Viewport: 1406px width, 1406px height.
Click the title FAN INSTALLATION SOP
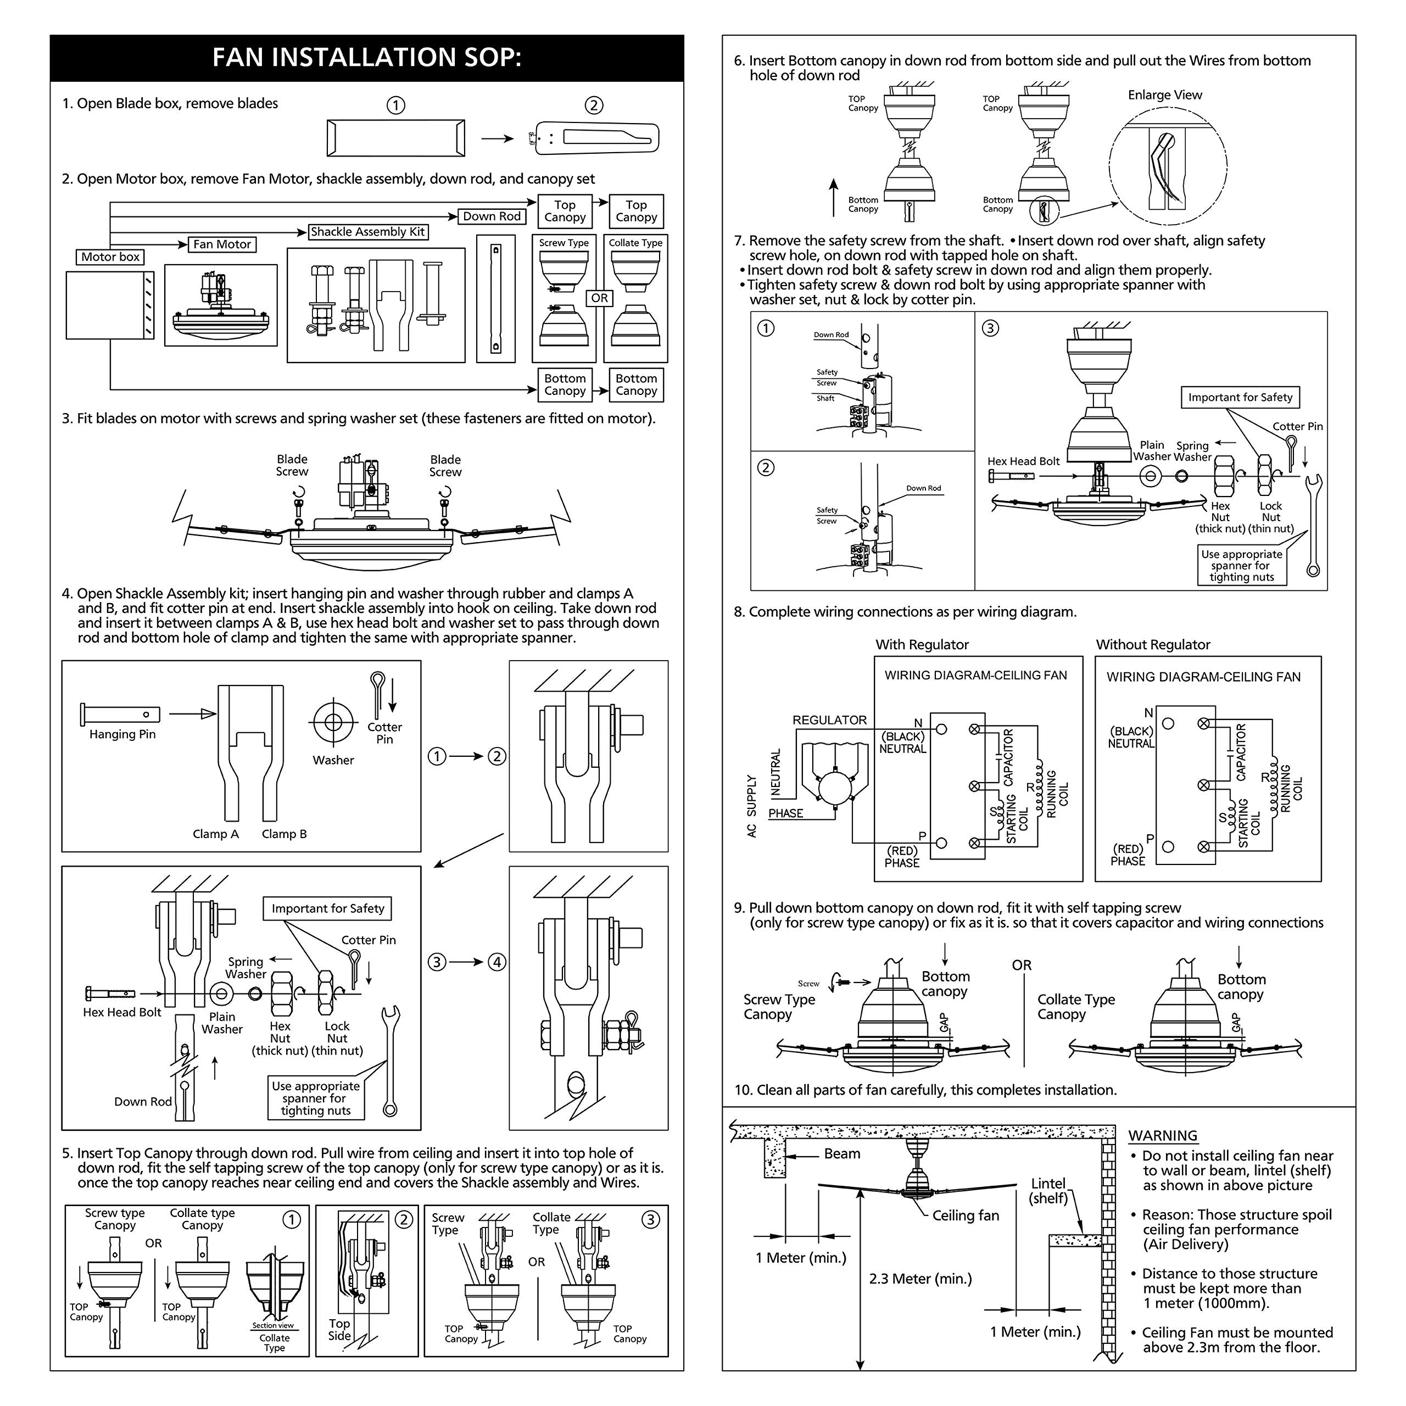[x=366, y=58]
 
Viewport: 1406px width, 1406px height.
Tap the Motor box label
[x=110, y=257]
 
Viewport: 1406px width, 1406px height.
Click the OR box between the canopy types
[x=599, y=298]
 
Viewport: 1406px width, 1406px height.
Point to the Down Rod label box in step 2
[x=492, y=216]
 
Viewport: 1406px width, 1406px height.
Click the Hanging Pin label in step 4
[x=122, y=734]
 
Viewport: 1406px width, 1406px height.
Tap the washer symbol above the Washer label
[x=333, y=722]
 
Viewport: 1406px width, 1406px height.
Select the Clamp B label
[x=284, y=834]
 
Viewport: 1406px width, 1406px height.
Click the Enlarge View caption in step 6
[x=1164, y=96]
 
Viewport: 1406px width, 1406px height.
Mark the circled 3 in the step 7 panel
[x=990, y=328]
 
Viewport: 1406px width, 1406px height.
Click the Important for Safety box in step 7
[x=1240, y=397]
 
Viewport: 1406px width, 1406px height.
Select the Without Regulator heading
[x=1153, y=645]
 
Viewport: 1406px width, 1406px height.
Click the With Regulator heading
[x=922, y=645]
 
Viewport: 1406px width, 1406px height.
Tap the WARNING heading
[x=1162, y=1135]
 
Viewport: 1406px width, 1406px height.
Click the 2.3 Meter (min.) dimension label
[x=920, y=1279]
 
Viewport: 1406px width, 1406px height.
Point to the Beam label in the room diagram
[x=841, y=1153]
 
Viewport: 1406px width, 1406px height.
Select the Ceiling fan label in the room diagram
[x=965, y=1215]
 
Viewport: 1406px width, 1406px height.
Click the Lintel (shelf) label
[x=1048, y=1191]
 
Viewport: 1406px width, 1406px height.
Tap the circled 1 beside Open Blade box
[x=395, y=105]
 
